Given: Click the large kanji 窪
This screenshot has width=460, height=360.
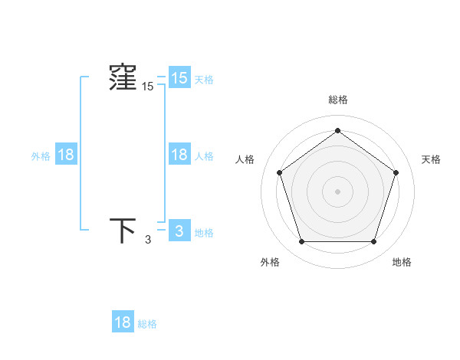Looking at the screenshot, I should click(x=123, y=79).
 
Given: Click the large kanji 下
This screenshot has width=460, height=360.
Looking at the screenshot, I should click(x=123, y=231).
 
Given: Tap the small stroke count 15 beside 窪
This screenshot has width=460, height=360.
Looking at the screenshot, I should click(x=148, y=87).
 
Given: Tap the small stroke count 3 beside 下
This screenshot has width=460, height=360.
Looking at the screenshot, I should click(x=148, y=240).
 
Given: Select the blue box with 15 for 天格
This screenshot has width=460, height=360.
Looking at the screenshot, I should click(x=179, y=78).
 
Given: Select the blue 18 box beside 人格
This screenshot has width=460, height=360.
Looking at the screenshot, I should click(x=179, y=155).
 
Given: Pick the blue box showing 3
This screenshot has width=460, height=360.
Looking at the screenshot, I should click(x=179, y=231).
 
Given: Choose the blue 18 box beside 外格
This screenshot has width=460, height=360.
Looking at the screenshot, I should click(x=66, y=155).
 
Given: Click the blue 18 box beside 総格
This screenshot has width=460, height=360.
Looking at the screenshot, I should click(x=123, y=322).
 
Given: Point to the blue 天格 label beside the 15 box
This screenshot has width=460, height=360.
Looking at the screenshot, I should click(x=204, y=80).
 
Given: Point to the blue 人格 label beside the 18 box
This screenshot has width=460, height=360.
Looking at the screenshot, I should click(x=204, y=156).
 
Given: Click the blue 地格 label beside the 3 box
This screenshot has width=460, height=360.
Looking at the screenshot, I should click(x=204, y=233).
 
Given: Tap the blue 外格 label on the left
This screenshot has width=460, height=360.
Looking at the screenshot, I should click(x=41, y=156).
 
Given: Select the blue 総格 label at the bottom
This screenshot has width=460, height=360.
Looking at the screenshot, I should click(x=147, y=324).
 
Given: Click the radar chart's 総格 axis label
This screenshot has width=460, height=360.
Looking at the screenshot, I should click(x=337, y=100).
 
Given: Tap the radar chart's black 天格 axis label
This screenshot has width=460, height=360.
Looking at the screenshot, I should click(x=432, y=159).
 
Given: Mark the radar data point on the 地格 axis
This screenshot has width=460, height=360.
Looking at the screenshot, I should click(x=373, y=241).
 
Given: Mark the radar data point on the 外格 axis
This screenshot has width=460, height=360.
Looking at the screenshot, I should click(x=301, y=241).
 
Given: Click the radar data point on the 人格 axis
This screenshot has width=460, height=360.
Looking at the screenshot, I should click(x=279, y=172).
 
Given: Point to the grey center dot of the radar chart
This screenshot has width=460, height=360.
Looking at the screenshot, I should click(x=337, y=191).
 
